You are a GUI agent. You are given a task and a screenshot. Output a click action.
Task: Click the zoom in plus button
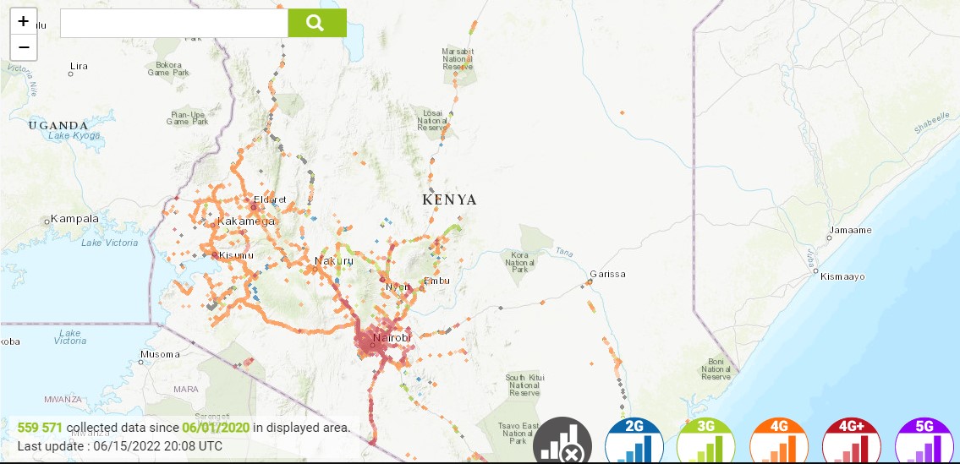[x=24, y=21]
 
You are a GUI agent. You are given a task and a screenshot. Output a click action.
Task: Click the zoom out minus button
[x=24, y=47]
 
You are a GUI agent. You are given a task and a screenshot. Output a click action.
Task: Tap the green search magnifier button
[x=316, y=23]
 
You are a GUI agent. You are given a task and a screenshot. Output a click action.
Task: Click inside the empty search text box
[x=174, y=24]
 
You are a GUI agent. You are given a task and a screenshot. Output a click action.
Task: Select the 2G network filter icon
[x=634, y=442]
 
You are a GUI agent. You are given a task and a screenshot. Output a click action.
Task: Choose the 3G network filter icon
[x=705, y=442]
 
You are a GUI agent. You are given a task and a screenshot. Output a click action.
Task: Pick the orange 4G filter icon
[x=778, y=442]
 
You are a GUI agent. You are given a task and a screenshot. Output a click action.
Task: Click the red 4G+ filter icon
[x=851, y=442]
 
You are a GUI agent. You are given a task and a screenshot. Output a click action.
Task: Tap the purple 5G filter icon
[x=924, y=442]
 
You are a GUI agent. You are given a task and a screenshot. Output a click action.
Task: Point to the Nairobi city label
[x=392, y=338]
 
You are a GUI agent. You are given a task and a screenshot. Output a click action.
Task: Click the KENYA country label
[x=449, y=200]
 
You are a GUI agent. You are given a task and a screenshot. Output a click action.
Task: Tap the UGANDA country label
[x=58, y=125]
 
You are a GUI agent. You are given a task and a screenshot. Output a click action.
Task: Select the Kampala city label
[x=75, y=219]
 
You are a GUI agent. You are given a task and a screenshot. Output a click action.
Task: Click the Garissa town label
[x=608, y=274]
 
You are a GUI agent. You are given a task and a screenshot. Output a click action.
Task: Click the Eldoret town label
[x=271, y=200]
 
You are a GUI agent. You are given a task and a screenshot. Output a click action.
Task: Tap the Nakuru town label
[x=334, y=261]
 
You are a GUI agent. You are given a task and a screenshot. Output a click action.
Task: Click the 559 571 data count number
[x=40, y=428]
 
